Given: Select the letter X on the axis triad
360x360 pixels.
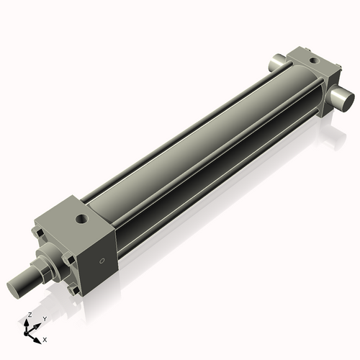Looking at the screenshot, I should pos(45,338).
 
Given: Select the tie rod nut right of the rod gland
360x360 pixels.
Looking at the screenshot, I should pos(70,257).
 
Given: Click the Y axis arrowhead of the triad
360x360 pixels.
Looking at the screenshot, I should pos(37,324).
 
